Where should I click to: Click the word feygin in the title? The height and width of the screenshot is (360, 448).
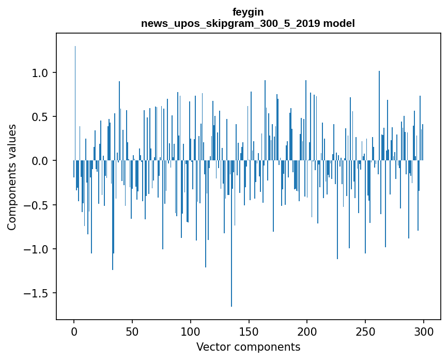(248, 12)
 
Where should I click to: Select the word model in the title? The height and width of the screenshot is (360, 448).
(339, 24)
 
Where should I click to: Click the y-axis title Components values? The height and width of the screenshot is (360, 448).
(12, 177)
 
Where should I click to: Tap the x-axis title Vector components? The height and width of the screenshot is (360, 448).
(248, 347)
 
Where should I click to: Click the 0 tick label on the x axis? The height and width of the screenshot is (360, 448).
(74, 331)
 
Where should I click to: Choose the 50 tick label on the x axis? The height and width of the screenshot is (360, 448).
(132, 331)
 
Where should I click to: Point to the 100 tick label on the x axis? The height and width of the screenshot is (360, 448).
(191, 331)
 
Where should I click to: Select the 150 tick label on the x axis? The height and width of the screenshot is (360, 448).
(249, 331)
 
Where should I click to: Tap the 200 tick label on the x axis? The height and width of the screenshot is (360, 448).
(307, 331)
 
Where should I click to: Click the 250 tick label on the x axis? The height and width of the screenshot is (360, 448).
(365, 331)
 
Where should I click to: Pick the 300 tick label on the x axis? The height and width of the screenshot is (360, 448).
(424, 331)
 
